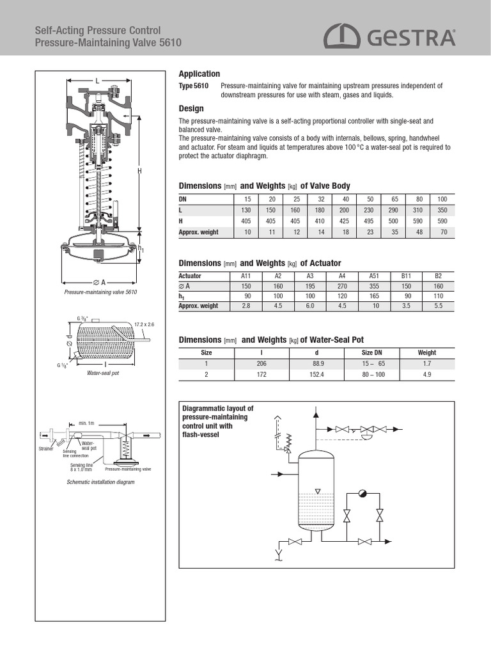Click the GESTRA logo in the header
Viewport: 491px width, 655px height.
389,36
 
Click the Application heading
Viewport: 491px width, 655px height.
199,74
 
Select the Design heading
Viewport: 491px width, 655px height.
191,109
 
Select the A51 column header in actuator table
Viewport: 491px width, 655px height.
374,276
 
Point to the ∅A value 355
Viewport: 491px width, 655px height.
374,286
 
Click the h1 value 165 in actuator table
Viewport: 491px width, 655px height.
374,296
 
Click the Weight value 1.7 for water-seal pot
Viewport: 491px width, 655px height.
426,364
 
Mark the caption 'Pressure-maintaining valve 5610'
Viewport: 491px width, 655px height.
101,292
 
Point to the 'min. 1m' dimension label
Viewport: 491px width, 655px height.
86,423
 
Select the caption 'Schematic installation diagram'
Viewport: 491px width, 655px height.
101,482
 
